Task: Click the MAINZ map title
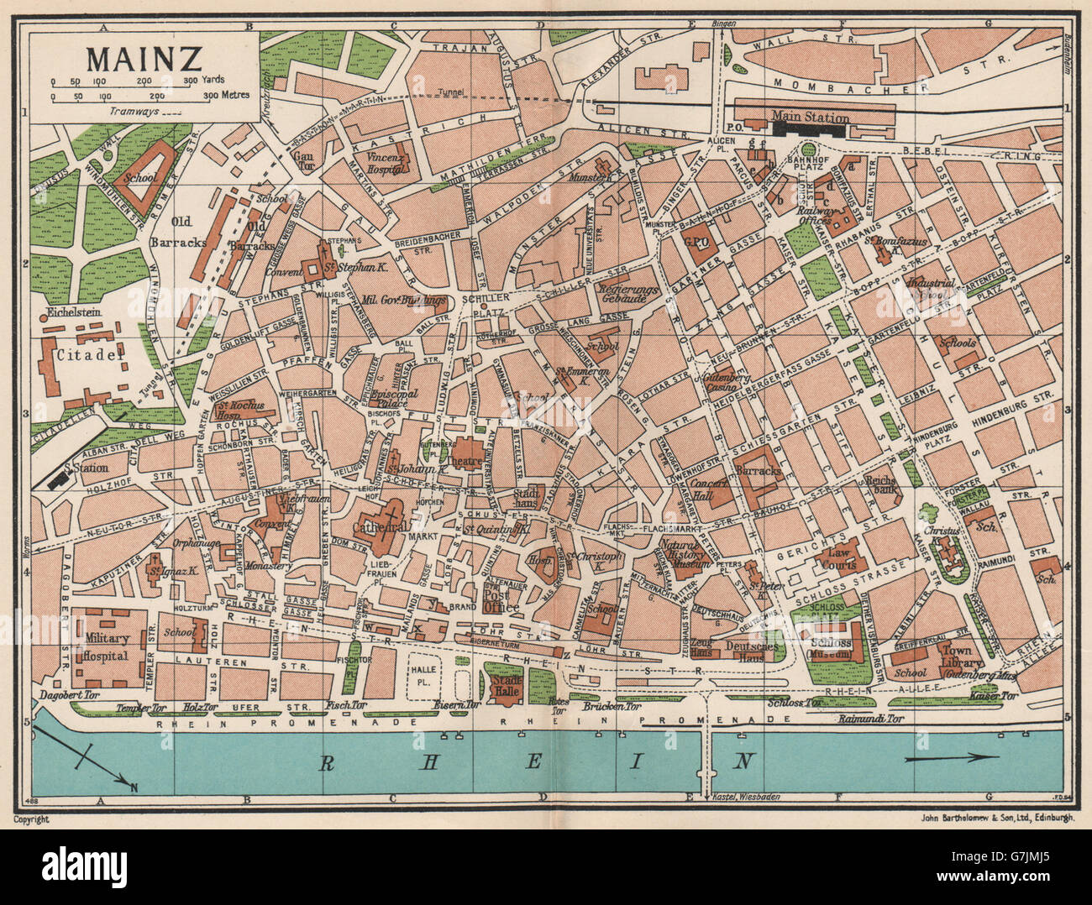click(x=143, y=60)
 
